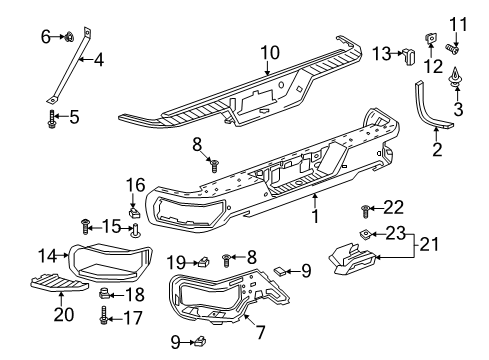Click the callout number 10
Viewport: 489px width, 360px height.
click(x=270, y=53)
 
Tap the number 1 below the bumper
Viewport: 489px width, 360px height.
click(x=315, y=216)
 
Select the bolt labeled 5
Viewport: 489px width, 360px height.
click(x=52, y=119)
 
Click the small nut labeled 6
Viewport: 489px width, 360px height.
click(x=70, y=36)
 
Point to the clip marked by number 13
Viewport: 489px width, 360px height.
click(x=409, y=56)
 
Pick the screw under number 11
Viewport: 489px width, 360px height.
click(x=452, y=49)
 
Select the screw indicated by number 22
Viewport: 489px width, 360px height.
click(x=365, y=211)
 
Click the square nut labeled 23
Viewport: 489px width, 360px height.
click(x=365, y=235)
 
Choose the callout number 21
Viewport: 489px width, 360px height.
click(x=429, y=244)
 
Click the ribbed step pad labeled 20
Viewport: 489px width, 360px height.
click(x=60, y=282)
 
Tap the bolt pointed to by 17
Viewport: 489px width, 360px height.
click(x=104, y=315)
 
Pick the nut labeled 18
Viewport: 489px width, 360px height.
click(x=104, y=293)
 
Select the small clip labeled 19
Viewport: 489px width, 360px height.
click(x=203, y=262)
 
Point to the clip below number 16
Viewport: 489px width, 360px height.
click(x=134, y=211)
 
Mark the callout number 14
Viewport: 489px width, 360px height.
click(x=48, y=256)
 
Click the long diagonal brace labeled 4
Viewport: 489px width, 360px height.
click(x=69, y=65)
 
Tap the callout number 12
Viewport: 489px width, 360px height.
click(x=433, y=66)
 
